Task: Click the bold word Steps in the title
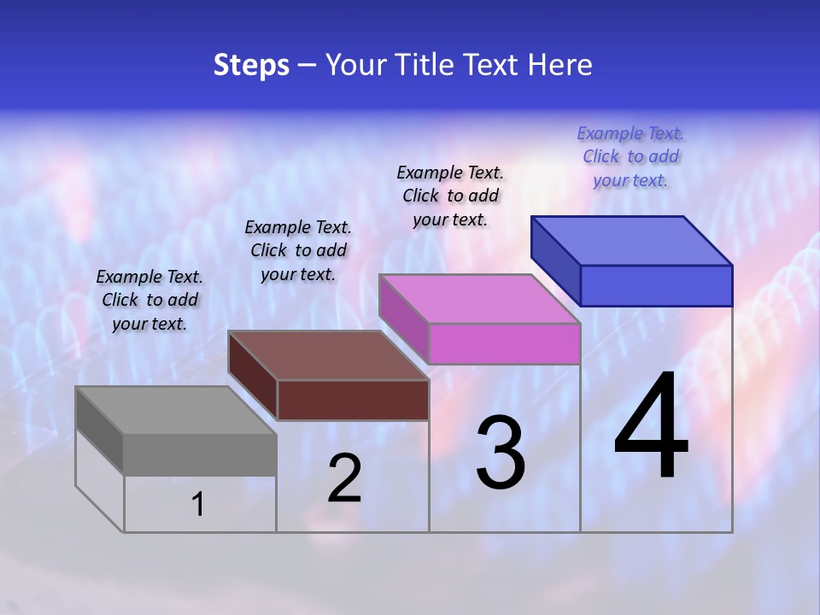(x=251, y=65)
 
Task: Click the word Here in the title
(x=560, y=65)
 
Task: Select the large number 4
(x=652, y=426)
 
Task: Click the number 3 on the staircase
(x=501, y=453)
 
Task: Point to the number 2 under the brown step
(x=344, y=478)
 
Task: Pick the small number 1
(x=198, y=505)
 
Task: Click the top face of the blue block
(x=632, y=240)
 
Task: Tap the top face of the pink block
(x=480, y=299)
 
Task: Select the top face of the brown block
(x=328, y=355)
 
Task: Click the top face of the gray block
(x=176, y=410)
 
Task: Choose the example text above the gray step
(x=149, y=300)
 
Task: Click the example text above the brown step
(x=298, y=250)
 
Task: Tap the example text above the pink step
(x=450, y=196)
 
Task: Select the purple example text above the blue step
(x=630, y=156)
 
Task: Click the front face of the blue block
(x=656, y=285)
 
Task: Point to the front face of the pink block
(x=504, y=343)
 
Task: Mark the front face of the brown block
(x=353, y=400)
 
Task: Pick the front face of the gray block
(x=200, y=454)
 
